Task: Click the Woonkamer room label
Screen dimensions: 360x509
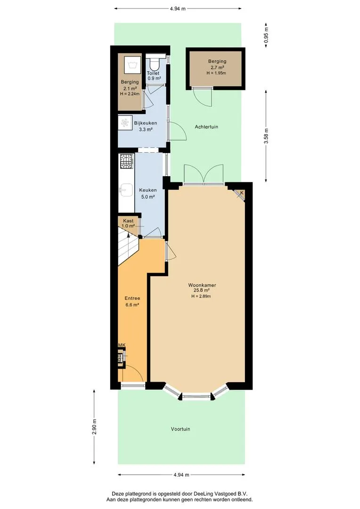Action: (202, 285)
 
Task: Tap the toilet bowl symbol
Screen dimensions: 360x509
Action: (155, 64)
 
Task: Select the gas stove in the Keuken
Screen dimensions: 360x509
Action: (127, 161)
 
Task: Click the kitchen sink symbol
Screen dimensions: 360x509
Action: (126, 189)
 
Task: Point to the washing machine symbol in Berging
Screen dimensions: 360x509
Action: (131, 65)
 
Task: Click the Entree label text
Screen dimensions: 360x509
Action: (132, 298)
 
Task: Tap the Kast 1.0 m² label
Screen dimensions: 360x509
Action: (128, 223)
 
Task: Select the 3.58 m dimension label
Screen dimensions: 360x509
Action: (266, 136)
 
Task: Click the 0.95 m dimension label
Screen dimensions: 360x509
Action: (266, 35)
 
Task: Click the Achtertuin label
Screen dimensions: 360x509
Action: (206, 127)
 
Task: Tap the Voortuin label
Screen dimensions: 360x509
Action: (180, 429)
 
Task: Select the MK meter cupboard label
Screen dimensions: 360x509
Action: (122, 345)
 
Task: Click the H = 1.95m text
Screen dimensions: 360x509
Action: (216, 73)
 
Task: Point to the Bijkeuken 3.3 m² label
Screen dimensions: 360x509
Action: (146, 126)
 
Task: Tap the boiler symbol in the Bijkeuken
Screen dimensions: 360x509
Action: (125, 123)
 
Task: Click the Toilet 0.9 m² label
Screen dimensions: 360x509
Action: (154, 75)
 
